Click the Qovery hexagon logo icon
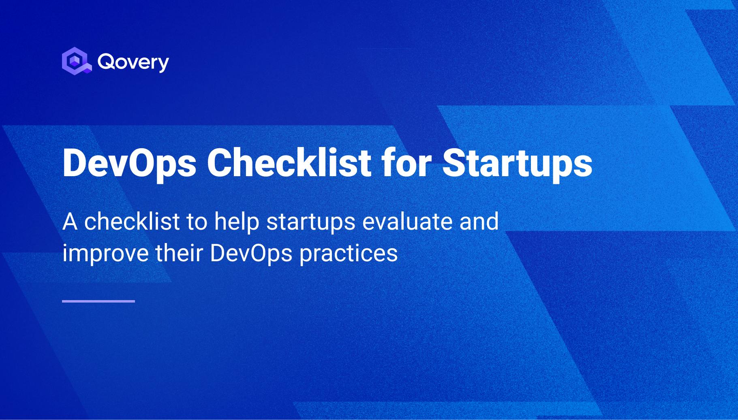coord(76,61)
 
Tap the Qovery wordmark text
coord(133,62)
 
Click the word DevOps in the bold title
coord(129,163)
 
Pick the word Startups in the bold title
coord(517,163)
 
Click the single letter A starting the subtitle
coord(70,222)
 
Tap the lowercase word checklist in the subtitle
coord(132,222)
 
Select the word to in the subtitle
coord(197,222)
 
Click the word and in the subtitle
coord(479,222)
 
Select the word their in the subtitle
coord(179,253)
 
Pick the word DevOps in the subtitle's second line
coord(251,254)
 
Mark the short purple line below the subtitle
coord(98,301)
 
